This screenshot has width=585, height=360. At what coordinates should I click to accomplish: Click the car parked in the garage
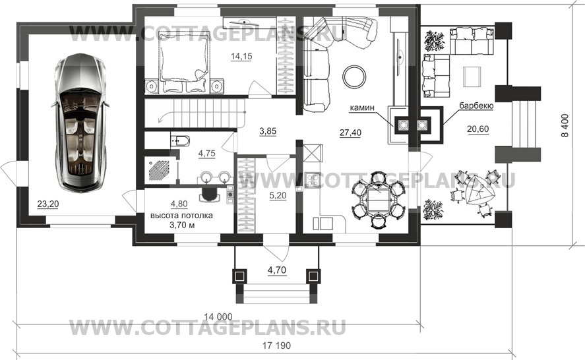[80, 123]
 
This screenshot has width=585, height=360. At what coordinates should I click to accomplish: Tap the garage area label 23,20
[47, 204]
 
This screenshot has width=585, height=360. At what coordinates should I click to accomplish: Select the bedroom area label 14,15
[241, 56]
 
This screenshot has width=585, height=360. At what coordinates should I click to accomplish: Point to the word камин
[362, 108]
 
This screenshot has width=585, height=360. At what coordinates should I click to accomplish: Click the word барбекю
[476, 106]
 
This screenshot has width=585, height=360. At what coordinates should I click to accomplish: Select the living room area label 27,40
[350, 132]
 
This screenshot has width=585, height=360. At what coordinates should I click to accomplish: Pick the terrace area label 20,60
[478, 129]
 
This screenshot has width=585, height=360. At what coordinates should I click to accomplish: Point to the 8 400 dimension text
[566, 125]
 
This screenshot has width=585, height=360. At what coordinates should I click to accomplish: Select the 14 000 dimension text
[218, 316]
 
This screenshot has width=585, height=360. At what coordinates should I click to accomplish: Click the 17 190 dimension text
[276, 345]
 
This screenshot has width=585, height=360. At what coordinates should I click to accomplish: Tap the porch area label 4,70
[277, 270]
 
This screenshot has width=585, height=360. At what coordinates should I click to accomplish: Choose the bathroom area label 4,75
[206, 154]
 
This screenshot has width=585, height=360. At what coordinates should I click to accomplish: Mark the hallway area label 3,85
[268, 131]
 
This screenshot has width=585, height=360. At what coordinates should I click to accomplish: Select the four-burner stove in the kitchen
[312, 180]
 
